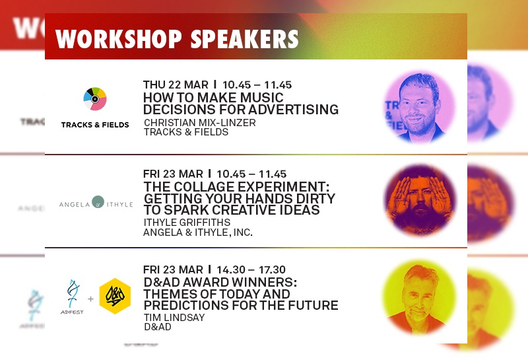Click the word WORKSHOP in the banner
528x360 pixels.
[119, 39]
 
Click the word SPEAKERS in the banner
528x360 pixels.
[244, 39]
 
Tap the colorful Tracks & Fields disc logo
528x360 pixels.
[95, 99]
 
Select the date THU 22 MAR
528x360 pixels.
[176, 85]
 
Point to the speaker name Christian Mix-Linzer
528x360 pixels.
[200, 122]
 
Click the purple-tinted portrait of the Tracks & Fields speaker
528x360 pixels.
[419, 107]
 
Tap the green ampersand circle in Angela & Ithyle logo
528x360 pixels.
[98, 201]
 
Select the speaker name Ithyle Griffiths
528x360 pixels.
[187, 222]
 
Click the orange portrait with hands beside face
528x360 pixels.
[420, 200]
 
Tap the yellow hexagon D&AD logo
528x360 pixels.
[115, 296]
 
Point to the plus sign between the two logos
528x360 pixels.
[90, 299]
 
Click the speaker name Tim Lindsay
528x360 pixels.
[174, 318]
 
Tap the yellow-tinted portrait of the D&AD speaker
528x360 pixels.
[419, 297]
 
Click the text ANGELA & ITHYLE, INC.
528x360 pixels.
[197, 233]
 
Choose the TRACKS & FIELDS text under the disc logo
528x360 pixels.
[95, 125]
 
